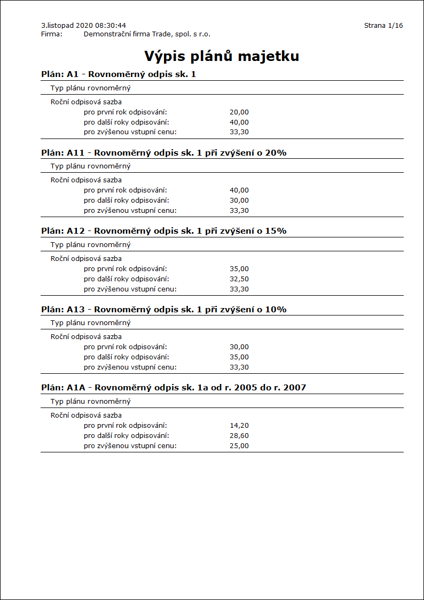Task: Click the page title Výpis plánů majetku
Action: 221,56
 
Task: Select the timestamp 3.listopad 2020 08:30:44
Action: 83,25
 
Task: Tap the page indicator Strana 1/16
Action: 383,25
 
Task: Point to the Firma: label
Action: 52,34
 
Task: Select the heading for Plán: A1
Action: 119,74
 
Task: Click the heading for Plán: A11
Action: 163,153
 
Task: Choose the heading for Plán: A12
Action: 163,231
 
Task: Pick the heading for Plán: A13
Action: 163,310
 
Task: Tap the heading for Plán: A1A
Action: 173,387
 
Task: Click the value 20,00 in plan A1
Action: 239,112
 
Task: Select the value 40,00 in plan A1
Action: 239,122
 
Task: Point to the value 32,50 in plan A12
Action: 239,279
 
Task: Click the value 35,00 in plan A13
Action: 239,357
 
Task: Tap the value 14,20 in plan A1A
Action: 239,426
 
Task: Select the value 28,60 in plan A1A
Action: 239,436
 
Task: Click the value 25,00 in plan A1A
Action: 239,446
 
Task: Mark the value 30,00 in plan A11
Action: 239,201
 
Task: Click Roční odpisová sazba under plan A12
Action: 86,259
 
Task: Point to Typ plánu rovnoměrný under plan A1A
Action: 90,402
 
